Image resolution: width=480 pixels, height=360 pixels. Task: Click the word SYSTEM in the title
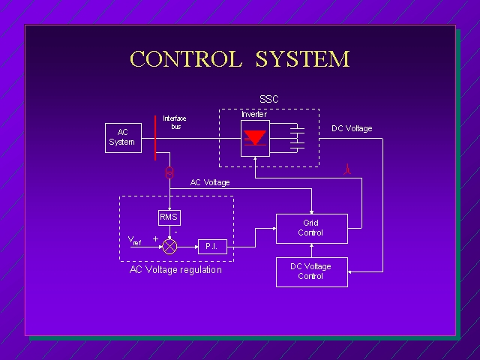(x=302, y=59)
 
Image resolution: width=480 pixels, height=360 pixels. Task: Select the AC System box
(x=121, y=137)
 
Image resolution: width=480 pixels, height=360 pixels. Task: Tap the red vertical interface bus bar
(x=155, y=137)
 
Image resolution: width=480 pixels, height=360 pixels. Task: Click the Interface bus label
(x=175, y=122)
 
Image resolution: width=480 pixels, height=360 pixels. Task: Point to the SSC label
(x=268, y=100)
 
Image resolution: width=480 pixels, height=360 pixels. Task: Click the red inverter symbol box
(x=255, y=139)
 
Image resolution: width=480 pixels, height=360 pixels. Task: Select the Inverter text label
(x=253, y=114)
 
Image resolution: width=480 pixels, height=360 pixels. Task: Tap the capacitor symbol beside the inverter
(x=297, y=137)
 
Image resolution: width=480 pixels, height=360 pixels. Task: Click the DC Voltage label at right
(x=352, y=128)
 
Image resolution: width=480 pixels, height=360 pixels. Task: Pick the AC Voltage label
(x=210, y=182)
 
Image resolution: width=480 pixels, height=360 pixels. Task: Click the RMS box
(x=169, y=217)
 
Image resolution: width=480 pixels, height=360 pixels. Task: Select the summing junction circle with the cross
(x=169, y=245)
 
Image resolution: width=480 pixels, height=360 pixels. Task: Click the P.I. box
(x=211, y=246)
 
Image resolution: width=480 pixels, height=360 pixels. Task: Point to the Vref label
(x=134, y=241)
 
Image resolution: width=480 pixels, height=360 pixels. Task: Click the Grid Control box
(x=311, y=228)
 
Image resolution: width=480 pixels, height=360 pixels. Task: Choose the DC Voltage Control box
(x=311, y=271)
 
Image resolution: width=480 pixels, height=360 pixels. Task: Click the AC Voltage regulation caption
(x=176, y=270)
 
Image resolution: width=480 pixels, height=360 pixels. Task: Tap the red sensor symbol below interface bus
(x=169, y=172)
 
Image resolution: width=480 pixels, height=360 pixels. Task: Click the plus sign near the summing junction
(x=156, y=238)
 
